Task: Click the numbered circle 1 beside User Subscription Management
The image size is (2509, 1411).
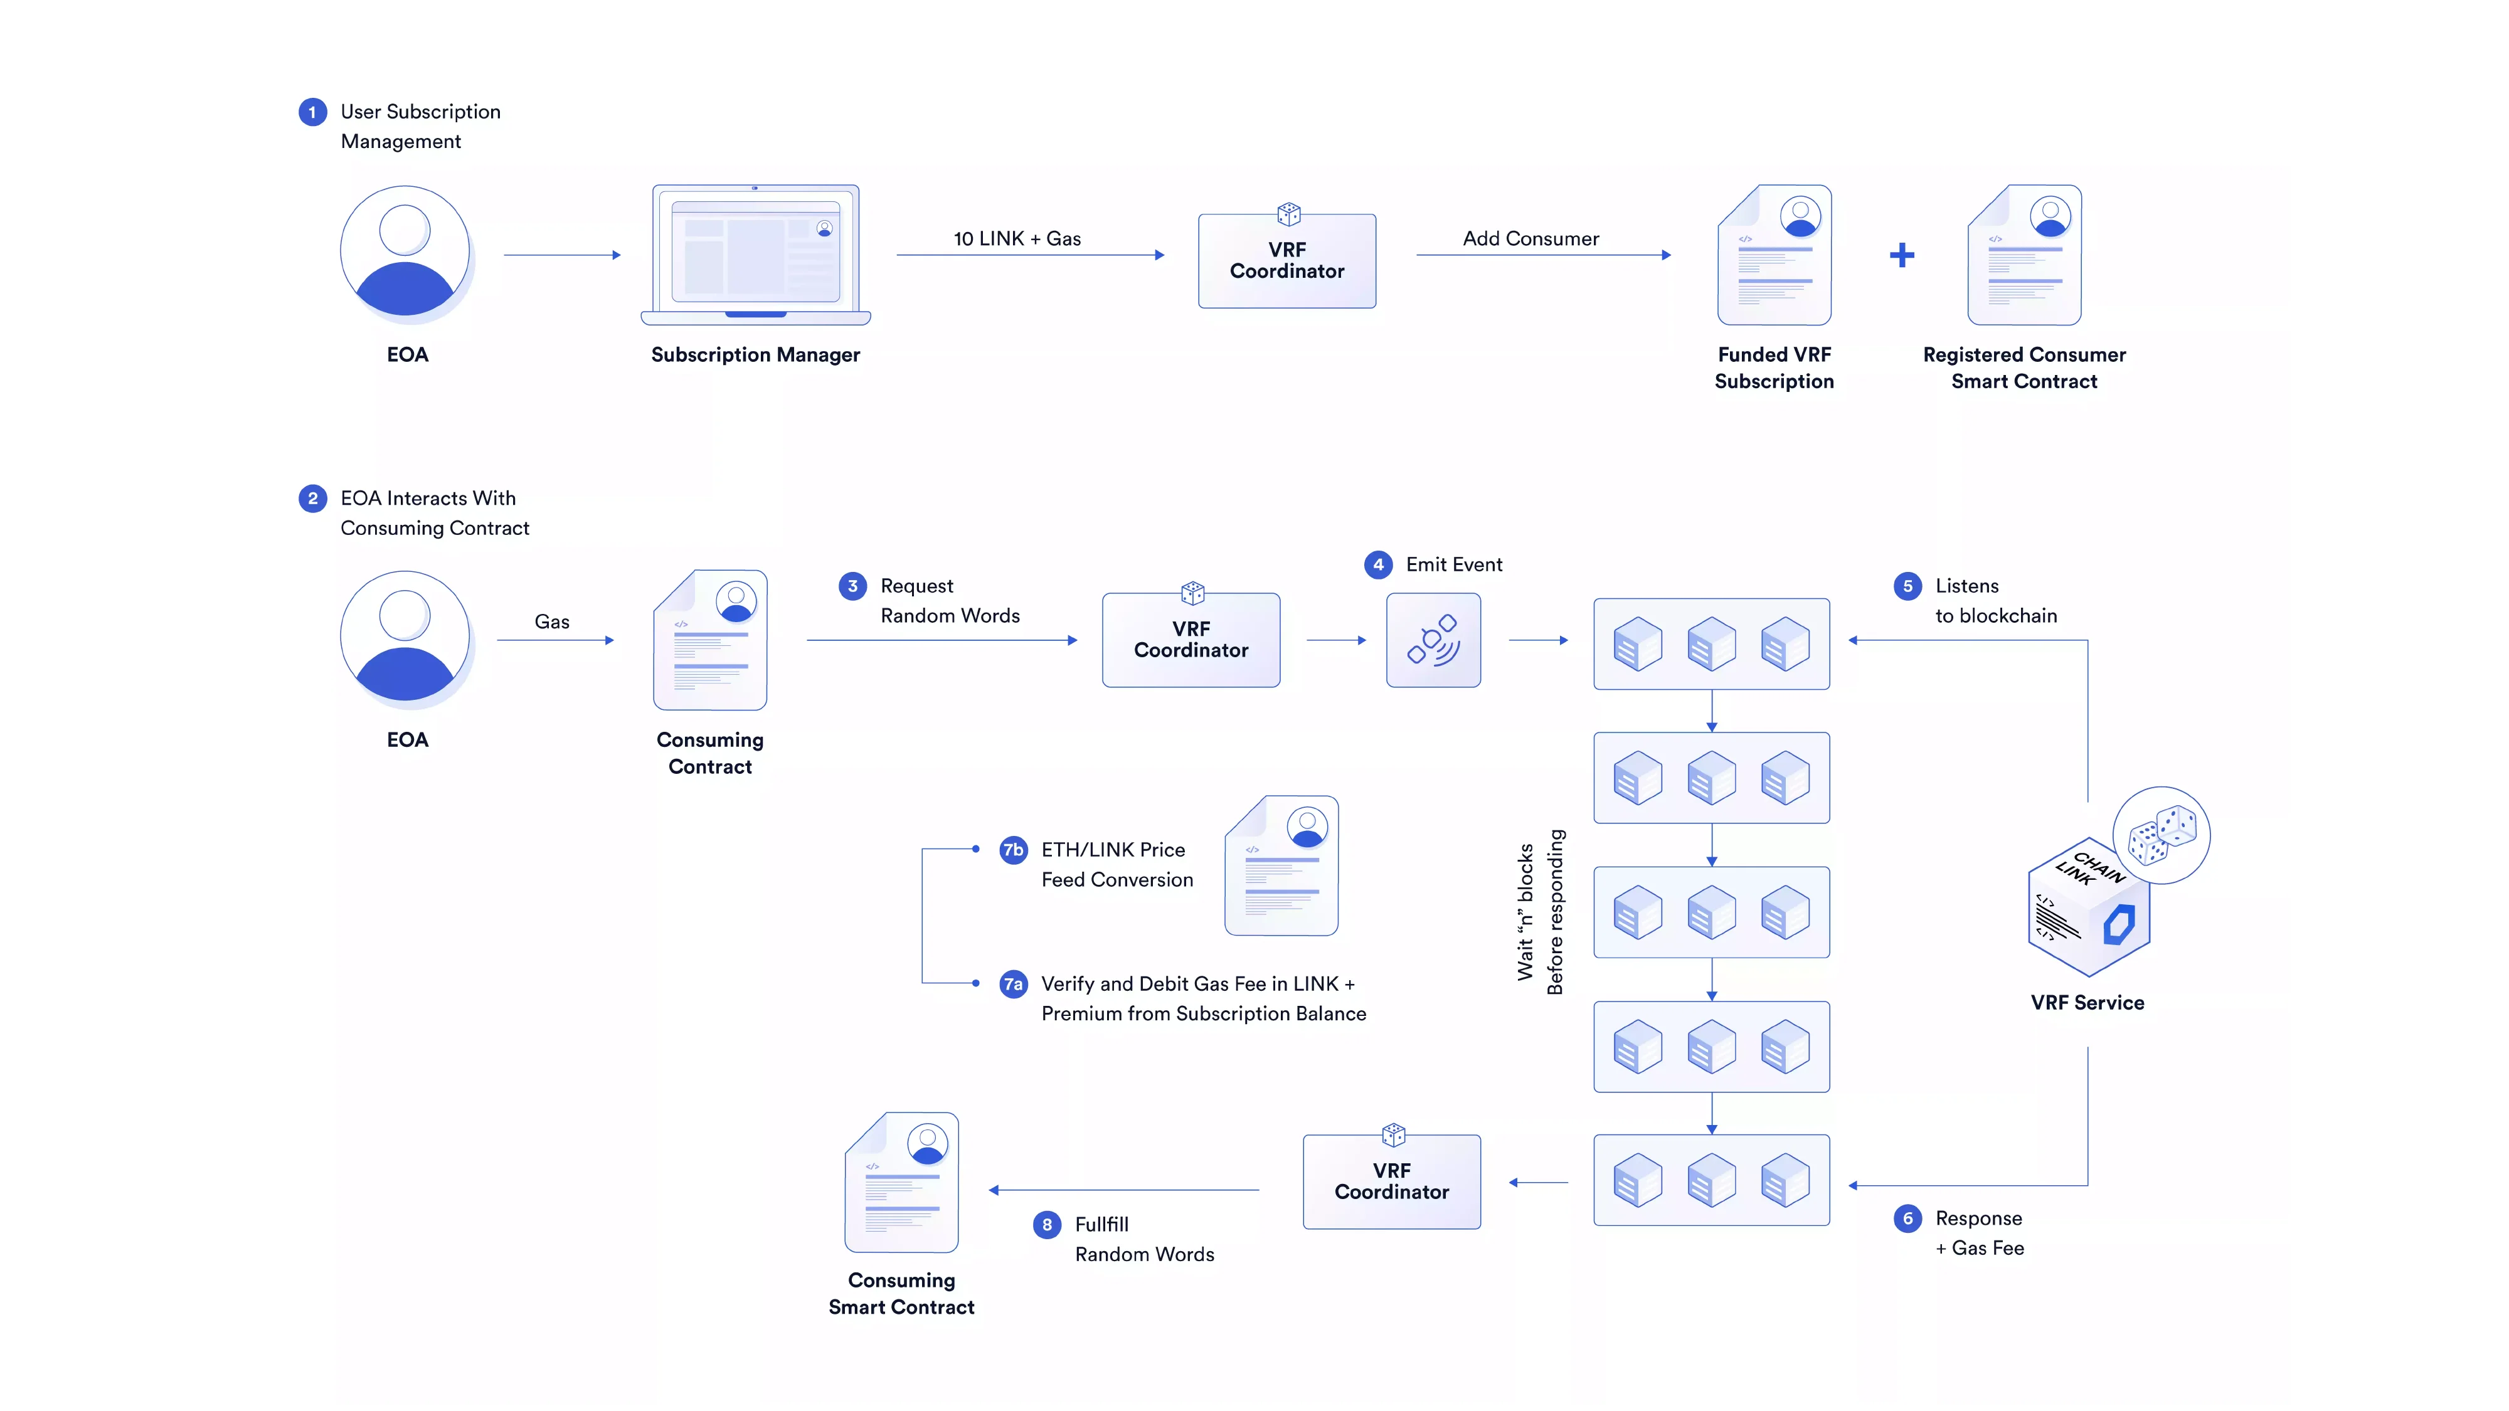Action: coord(312,112)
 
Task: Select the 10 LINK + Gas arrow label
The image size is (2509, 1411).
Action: coord(1017,238)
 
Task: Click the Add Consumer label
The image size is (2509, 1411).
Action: coord(1530,238)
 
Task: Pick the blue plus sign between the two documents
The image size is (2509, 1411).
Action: coord(1901,255)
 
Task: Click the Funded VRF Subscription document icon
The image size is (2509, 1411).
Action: coord(1774,255)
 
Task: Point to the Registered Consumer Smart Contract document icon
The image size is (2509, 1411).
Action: coord(2024,255)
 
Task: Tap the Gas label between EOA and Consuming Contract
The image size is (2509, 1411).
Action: coord(551,621)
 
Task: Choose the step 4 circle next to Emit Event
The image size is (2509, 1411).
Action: coord(1377,565)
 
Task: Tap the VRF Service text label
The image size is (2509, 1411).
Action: coord(2087,1003)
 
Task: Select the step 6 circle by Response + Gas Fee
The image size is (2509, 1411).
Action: coord(1907,1218)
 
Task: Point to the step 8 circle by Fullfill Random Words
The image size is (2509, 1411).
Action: coord(1047,1225)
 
